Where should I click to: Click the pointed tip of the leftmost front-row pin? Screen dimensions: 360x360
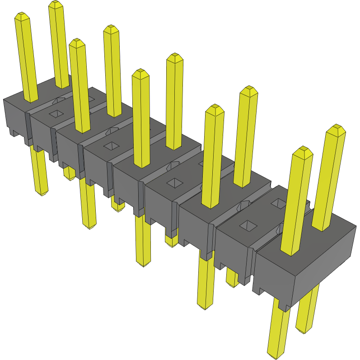click(x=22, y=16)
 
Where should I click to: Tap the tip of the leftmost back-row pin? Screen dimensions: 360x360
click(x=55, y=4)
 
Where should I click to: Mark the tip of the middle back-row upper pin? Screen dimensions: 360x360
click(x=174, y=57)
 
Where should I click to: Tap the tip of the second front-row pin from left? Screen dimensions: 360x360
click(x=77, y=43)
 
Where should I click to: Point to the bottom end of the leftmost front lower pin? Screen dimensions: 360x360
click(x=42, y=193)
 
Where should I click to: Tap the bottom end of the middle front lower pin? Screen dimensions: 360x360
click(x=144, y=264)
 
